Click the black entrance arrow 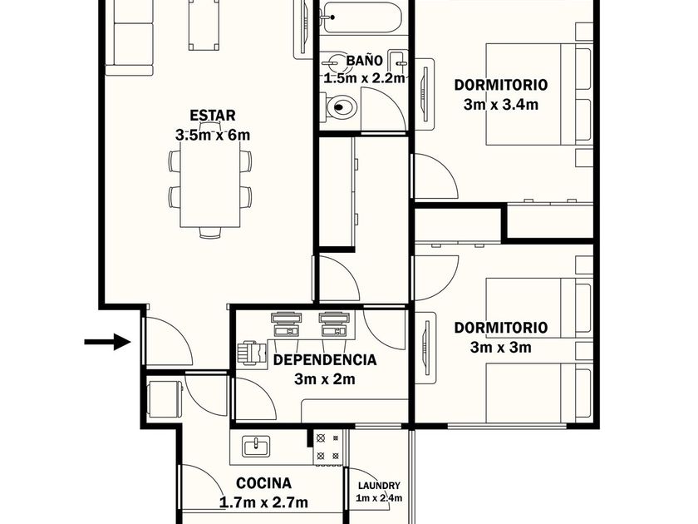107,342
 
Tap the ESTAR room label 213,116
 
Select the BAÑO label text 364,60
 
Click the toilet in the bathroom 341,106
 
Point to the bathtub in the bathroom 363,17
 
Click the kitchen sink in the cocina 256,447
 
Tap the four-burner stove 327,447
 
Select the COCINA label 263,483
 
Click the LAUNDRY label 379,486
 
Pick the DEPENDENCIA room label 325,359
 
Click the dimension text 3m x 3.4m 501,105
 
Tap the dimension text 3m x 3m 501,347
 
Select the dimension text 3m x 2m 325,379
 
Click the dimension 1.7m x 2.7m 263,502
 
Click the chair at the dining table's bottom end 210,233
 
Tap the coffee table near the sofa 204,25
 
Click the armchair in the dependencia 252,353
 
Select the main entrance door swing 168,342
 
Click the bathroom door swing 382,109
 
